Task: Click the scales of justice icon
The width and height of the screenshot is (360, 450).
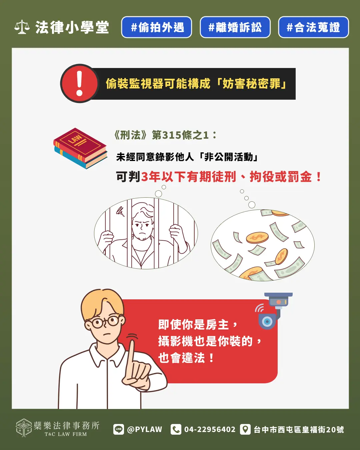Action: point(22,27)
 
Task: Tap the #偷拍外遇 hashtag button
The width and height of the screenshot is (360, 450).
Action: point(157,27)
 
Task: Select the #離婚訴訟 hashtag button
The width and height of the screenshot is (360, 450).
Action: point(235,27)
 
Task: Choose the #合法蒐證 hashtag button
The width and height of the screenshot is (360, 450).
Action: point(313,27)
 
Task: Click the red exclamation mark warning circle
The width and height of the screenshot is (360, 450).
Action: point(79,83)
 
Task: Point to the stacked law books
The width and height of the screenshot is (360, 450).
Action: point(80,148)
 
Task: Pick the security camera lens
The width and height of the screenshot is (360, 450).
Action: point(267,321)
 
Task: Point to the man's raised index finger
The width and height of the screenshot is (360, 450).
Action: point(132,353)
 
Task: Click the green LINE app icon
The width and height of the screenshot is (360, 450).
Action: point(119,429)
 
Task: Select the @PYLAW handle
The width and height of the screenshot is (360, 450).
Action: point(145,429)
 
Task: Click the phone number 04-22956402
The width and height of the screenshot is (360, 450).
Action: point(210,429)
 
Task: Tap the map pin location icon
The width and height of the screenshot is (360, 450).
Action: point(245,429)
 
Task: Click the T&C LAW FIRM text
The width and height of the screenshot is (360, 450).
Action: point(66,434)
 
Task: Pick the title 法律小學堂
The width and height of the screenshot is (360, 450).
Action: point(72,27)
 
